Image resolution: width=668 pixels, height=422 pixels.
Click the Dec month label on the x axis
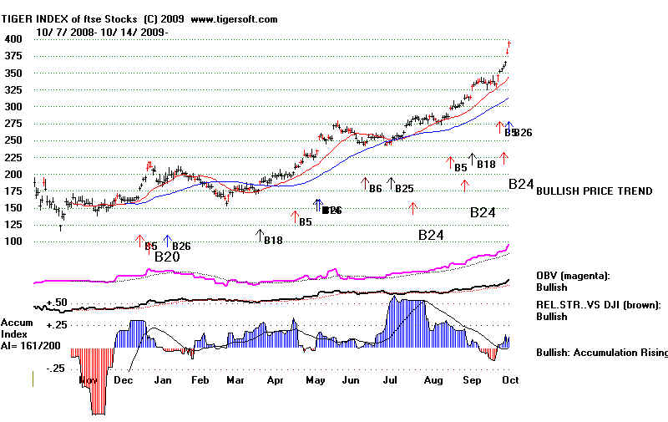[x=124, y=380]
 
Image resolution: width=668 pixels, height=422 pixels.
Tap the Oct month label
[x=511, y=380]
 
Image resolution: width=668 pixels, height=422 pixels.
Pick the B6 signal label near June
[x=376, y=189]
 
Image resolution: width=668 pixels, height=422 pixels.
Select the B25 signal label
[x=404, y=189]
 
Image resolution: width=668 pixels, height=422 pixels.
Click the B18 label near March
[x=273, y=242]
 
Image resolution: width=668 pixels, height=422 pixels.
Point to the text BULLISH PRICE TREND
[x=595, y=191]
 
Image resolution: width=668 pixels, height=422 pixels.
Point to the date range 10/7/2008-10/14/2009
[x=102, y=32]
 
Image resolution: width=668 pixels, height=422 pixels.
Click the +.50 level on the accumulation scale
[x=56, y=302]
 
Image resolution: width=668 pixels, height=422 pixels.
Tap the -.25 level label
[x=56, y=369]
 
